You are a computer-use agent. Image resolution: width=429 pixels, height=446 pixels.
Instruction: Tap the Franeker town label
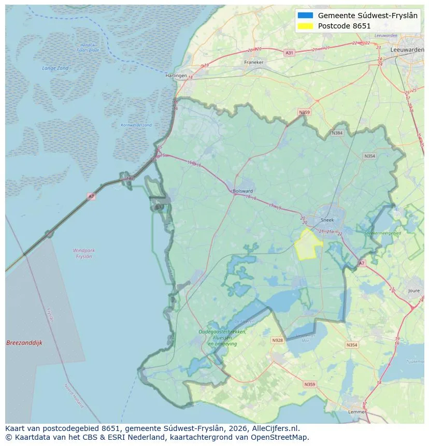254,62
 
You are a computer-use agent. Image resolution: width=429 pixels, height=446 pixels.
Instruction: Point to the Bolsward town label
243,191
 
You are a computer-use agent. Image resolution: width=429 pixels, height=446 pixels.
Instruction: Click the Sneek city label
327,220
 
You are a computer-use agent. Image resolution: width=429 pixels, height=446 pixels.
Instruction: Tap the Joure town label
414,291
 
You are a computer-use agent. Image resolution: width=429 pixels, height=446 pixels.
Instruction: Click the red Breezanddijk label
24,343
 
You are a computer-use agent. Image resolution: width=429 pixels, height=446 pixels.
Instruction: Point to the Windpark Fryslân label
83,253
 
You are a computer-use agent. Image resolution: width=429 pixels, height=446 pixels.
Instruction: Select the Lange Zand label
55,68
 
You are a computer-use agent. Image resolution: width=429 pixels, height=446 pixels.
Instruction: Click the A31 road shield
290,53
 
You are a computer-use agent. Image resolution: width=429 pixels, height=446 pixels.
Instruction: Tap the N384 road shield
337,133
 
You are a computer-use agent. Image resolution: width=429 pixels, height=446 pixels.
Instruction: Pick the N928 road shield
278,340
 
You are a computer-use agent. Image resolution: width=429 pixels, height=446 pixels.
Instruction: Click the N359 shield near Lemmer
310,384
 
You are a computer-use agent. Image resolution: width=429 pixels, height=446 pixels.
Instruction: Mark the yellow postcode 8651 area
308,245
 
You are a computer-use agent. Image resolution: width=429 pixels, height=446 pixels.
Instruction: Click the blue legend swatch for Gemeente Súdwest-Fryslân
306,16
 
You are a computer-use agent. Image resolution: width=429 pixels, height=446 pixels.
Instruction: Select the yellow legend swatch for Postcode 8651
306,26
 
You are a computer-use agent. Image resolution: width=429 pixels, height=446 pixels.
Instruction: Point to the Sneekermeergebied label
383,234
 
